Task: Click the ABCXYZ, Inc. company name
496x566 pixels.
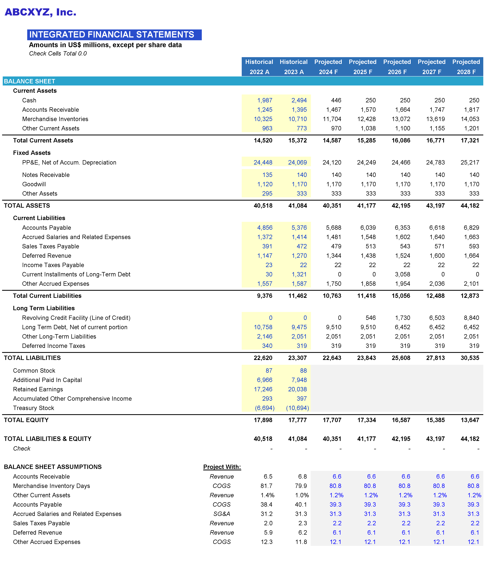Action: point(40,12)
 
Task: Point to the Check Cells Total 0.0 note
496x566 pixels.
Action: point(58,53)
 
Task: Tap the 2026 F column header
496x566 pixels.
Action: point(397,72)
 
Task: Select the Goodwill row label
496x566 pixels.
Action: point(34,184)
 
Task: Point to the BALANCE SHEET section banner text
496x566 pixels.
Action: point(30,81)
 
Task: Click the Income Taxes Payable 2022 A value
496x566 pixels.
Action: point(269,265)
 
